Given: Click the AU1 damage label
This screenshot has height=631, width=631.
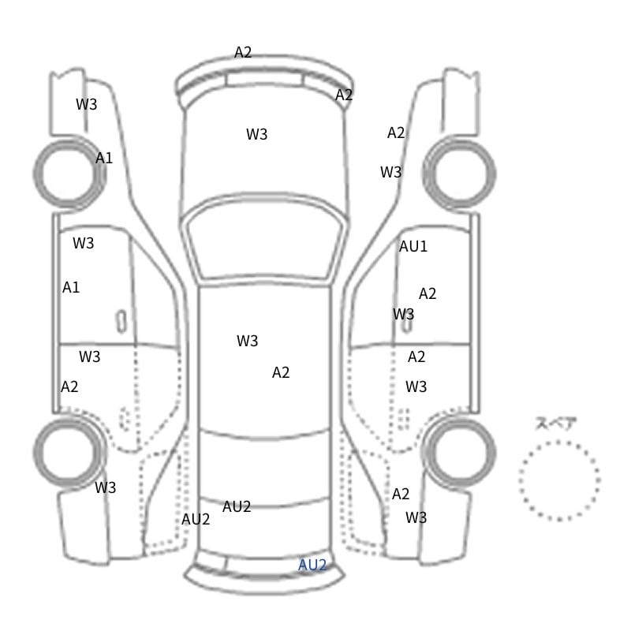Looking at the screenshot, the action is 413,246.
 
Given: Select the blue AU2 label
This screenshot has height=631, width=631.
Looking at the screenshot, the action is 312,566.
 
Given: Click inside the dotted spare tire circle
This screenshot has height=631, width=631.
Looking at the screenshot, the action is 559,480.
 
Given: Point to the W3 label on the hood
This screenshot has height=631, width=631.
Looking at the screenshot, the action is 257,134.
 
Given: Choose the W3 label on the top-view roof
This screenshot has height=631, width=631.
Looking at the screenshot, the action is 247,341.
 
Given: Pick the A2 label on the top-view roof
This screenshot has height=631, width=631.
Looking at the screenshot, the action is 281,372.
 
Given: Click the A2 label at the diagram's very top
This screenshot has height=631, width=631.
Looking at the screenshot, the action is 243,52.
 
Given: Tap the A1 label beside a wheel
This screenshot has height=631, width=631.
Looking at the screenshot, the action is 104,159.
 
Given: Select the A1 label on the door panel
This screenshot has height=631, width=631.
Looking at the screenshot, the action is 71,287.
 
